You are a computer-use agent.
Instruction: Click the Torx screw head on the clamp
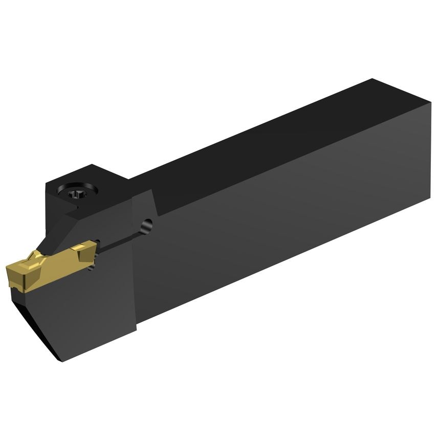coord(75,194)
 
